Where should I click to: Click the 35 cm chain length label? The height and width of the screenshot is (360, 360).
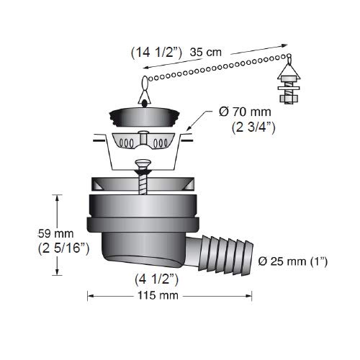(x=205, y=53)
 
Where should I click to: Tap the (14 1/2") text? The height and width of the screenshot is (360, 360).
(x=156, y=53)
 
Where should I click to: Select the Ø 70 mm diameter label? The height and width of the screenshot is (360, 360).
(x=245, y=112)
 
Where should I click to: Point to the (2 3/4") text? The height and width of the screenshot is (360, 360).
(x=253, y=127)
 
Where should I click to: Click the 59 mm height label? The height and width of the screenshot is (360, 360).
(x=55, y=234)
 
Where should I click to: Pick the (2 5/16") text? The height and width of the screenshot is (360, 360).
(x=63, y=248)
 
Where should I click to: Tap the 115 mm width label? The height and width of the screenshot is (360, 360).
(x=158, y=295)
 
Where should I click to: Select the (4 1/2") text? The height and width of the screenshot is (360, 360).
(x=156, y=279)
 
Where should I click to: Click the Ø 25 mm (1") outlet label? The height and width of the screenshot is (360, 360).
(x=293, y=261)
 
